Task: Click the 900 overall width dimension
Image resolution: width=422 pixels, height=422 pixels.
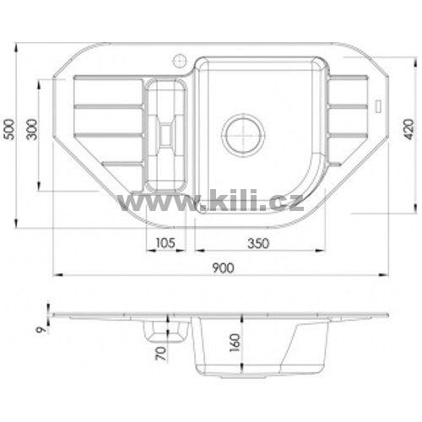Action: coord(223,268)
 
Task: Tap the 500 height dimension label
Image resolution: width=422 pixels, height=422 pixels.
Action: coord(10,129)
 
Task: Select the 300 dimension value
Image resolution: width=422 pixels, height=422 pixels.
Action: coord(31,129)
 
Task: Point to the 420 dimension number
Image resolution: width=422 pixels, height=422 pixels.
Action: coord(408,129)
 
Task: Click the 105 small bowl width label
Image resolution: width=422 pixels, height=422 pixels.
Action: coord(165,243)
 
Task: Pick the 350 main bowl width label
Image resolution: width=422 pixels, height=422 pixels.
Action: coord(258,243)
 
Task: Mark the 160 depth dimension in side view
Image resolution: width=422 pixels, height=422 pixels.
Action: coord(235,343)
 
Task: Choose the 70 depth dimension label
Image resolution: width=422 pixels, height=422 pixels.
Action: coord(161,354)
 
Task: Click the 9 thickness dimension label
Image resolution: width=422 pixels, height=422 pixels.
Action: coord(41,330)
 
